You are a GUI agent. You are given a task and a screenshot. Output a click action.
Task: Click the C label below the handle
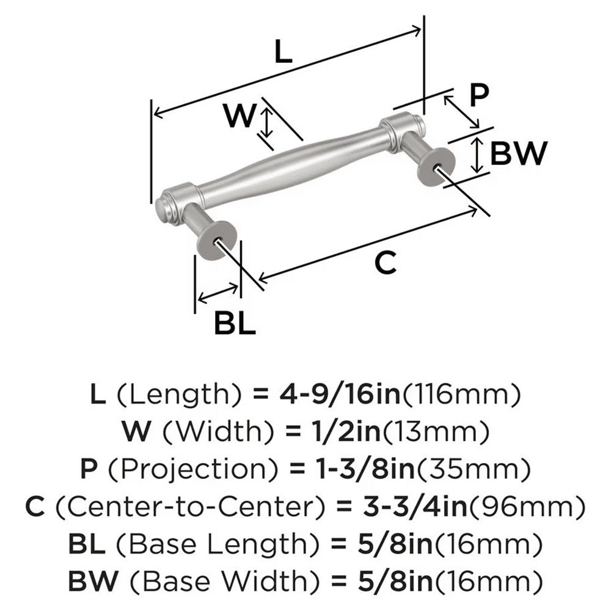tap(386, 263)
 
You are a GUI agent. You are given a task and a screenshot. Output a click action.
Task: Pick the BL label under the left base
tap(235, 322)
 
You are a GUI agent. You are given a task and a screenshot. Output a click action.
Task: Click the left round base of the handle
tap(216, 241)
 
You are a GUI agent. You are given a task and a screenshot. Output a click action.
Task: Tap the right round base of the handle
tap(435, 166)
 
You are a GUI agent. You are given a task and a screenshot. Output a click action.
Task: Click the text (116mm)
tap(459, 395)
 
